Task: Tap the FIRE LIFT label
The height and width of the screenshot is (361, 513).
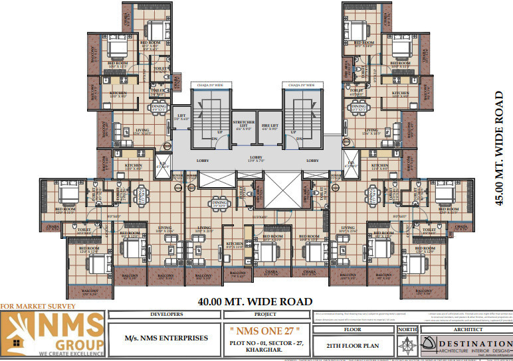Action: [268, 125]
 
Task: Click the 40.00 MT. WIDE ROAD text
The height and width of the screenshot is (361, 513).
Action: [255, 301]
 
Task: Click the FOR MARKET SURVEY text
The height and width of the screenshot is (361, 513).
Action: [38, 306]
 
